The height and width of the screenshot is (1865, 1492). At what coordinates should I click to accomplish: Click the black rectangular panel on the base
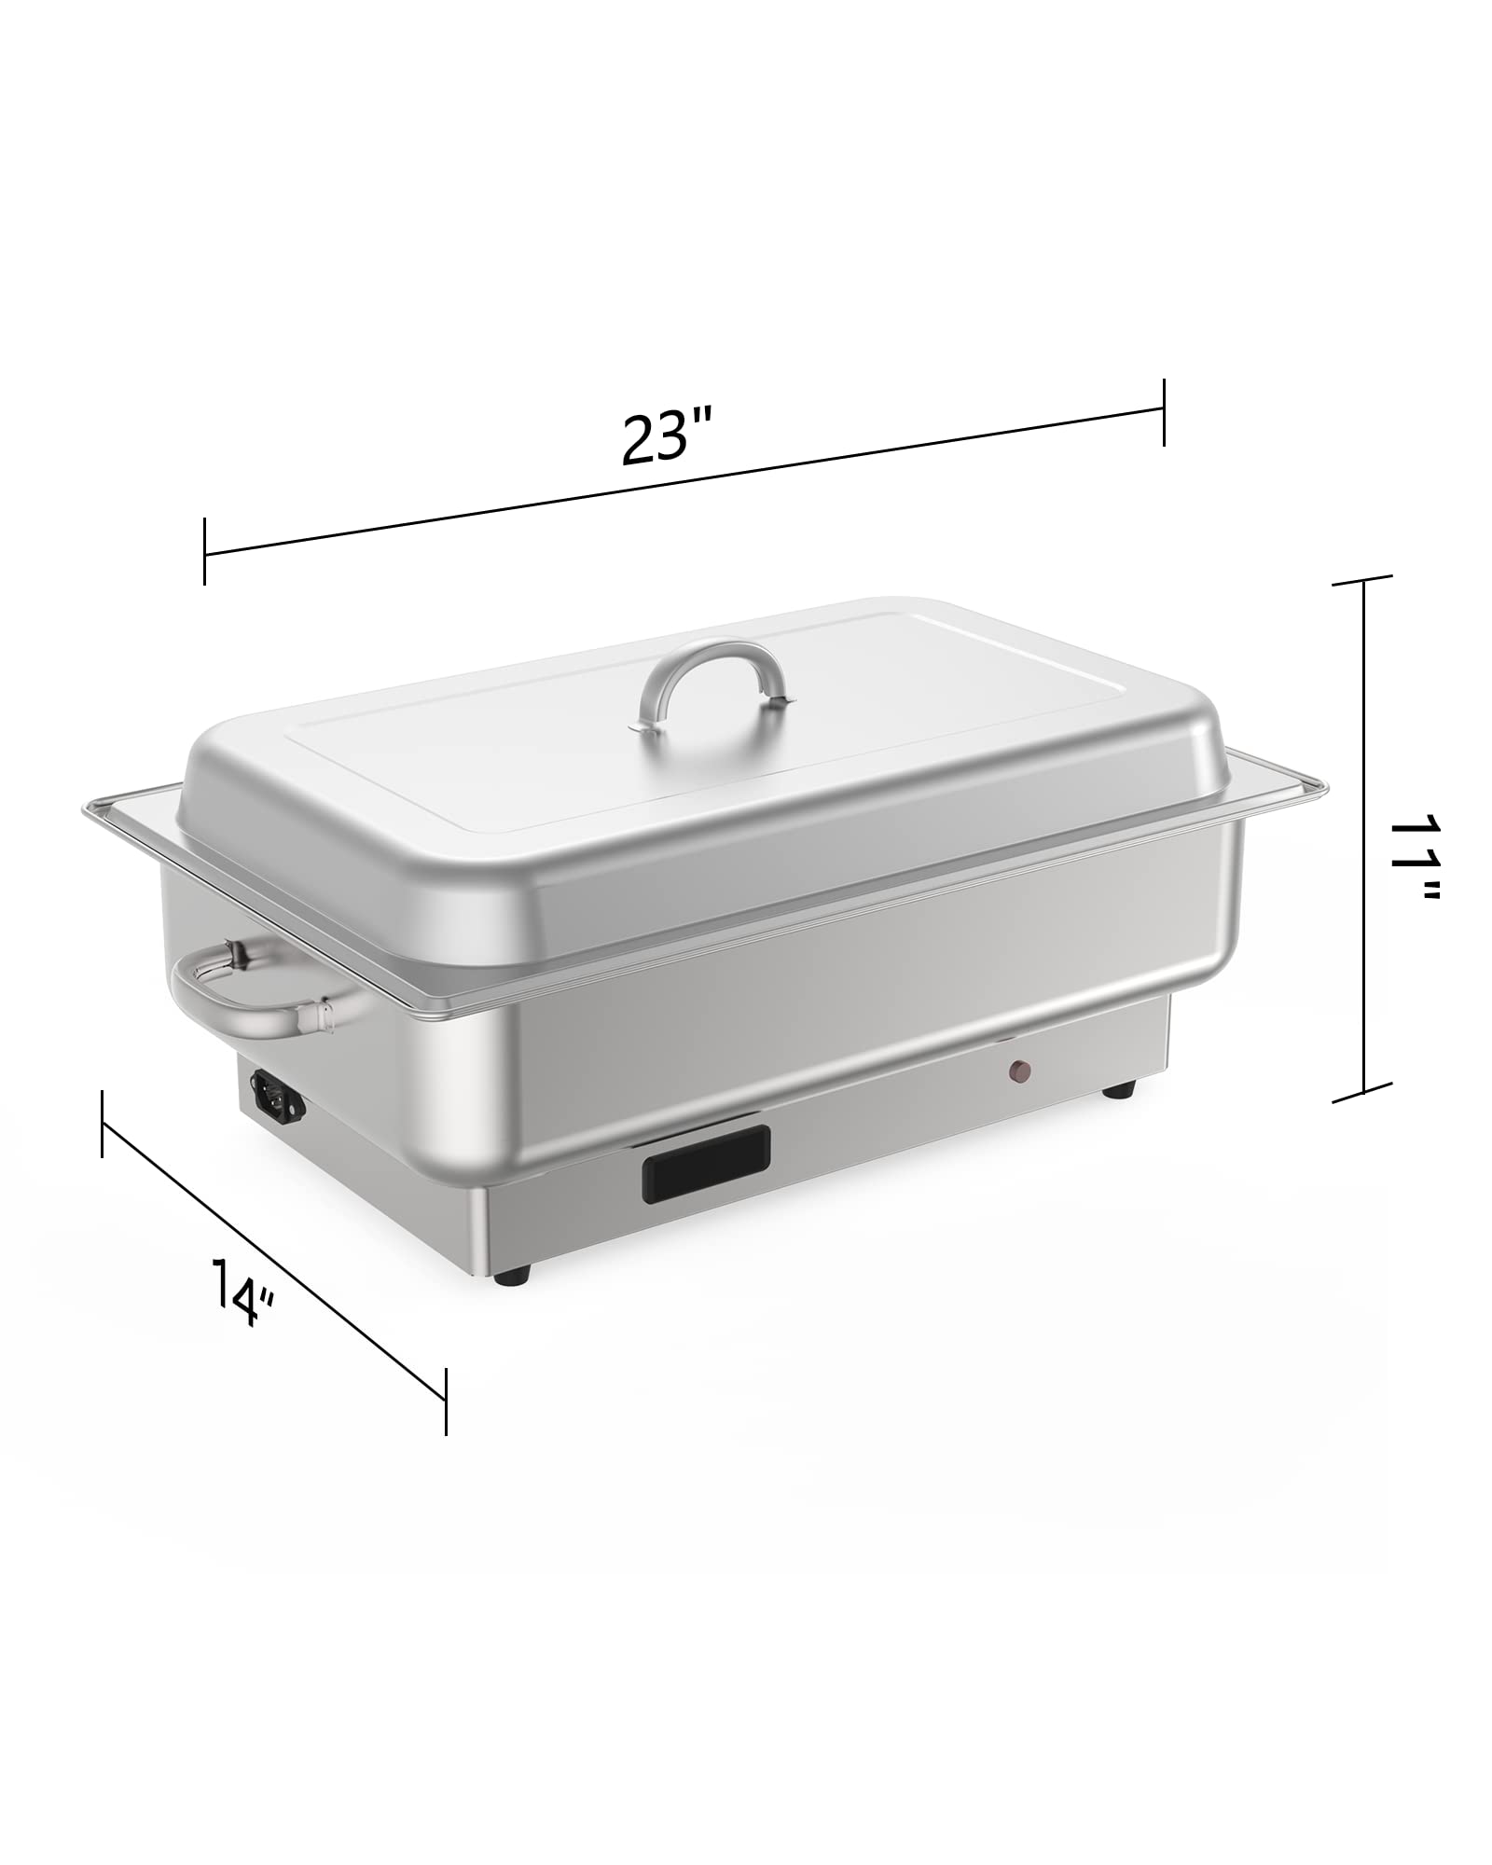point(705,1163)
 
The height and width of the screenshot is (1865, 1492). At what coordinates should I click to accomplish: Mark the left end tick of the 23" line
point(204,552)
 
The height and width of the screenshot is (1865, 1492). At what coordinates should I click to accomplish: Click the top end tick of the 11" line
point(1364,580)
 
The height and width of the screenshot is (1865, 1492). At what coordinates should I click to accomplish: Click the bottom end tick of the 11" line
point(1364,1091)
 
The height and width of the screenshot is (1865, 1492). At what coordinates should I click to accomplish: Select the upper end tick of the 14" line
point(101,1125)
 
